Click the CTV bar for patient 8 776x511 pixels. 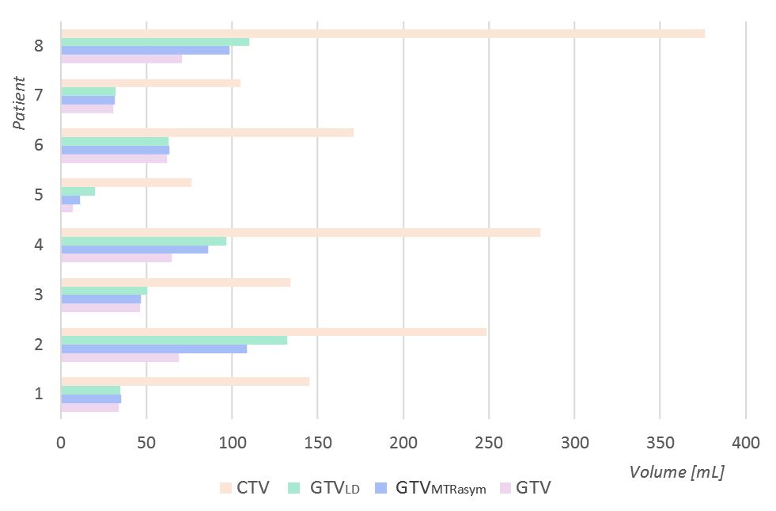[x=383, y=34]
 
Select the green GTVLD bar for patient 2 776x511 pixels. [x=174, y=341]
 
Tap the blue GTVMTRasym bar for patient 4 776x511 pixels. [x=134, y=250]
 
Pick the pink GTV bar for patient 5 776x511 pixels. [x=66, y=208]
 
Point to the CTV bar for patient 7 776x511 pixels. [x=151, y=83]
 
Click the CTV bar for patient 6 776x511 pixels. [x=207, y=133]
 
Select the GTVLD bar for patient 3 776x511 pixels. [x=104, y=291]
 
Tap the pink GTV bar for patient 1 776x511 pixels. [x=90, y=407]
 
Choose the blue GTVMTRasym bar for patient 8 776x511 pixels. [x=146, y=51]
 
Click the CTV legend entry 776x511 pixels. [x=244, y=488]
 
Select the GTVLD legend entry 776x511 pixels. [x=324, y=488]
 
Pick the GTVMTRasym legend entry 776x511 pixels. [x=430, y=488]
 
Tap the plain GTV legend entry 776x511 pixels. [x=525, y=488]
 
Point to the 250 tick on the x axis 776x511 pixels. [x=489, y=443]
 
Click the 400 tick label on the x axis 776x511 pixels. [x=746, y=443]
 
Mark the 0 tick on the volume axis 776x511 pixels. [x=61, y=443]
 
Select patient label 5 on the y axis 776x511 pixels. [x=39, y=195]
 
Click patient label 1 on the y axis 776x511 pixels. [x=39, y=394]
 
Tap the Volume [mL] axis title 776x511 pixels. [x=676, y=472]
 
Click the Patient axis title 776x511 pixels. [x=19, y=103]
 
